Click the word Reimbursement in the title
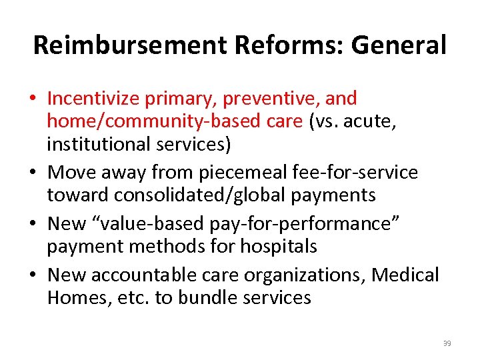(120, 45)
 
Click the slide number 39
(447, 343)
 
